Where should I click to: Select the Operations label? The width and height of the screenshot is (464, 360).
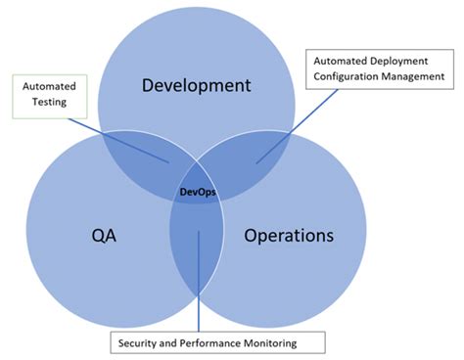coord(289,236)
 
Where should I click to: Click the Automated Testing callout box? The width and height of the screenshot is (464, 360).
coord(50,93)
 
